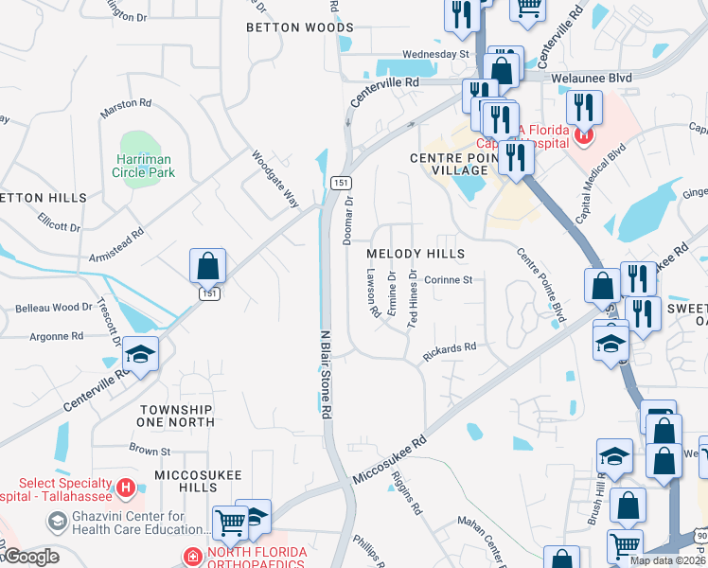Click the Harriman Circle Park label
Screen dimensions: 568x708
pyautogui.click(x=146, y=167)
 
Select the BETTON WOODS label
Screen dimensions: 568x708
pyautogui.click(x=299, y=27)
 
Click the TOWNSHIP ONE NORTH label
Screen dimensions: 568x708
pyautogui.click(x=176, y=417)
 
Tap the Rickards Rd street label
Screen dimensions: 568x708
pyautogui.click(x=450, y=349)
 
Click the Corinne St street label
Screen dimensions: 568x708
pyautogui.click(x=448, y=279)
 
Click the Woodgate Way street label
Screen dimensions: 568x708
pyautogui.click(x=275, y=178)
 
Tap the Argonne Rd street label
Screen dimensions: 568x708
pyautogui.click(x=57, y=336)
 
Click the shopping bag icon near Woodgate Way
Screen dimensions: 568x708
pyautogui.click(x=207, y=266)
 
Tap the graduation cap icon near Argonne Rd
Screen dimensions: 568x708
pyautogui.click(x=141, y=355)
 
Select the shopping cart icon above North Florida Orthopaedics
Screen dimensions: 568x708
pyautogui.click(x=230, y=520)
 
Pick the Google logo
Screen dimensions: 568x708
pyautogui.click(x=30, y=557)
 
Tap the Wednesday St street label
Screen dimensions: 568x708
pyautogui.click(x=435, y=54)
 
